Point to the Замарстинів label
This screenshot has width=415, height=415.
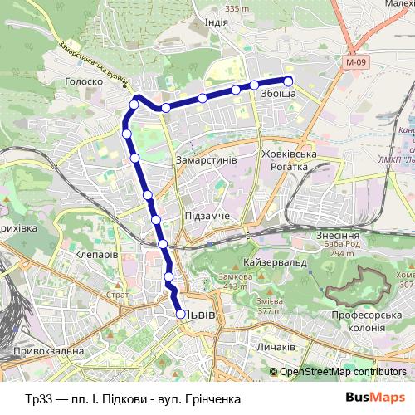(x=207, y=158)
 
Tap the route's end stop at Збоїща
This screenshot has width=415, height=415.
(x=289, y=81)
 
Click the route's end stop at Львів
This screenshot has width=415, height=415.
(x=180, y=314)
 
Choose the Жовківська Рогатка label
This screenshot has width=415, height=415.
(x=284, y=160)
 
